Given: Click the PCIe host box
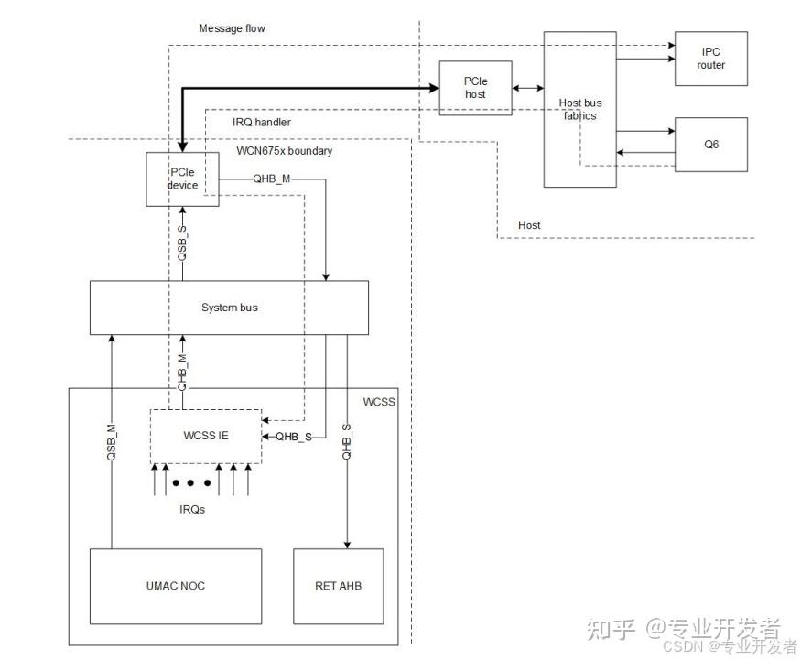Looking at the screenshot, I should pyautogui.click(x=475, y=88).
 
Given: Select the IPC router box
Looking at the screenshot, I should pyautogui.click(x=710, y=59).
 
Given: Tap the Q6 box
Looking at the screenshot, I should pyautogui.click(x=710, y=144).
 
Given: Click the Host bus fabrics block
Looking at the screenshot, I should pyautogui.click(x=579, y=109).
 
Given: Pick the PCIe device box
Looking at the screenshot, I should pyautogui.click(x=182, y=179).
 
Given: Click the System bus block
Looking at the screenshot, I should pyautogui.click(x=229, y=308).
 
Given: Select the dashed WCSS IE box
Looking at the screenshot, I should pyautogui.click(x=205, y=436).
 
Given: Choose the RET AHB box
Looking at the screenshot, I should pyautogui.click(x=337, y=586).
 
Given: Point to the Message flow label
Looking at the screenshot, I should pyautogui.click(x=232, y=28).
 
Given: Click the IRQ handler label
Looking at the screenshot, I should pyautogui.click(x=262, y=121).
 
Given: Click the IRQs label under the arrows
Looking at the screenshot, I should pyautogui.click(x=191, y=508).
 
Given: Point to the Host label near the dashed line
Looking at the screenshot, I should pyautogui.click(x=529, y=224).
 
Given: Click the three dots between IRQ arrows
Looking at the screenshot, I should pyautogui.click(x=194, y=482).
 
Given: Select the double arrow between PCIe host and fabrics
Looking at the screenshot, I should pyautogui.click(x=527, y=88).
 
